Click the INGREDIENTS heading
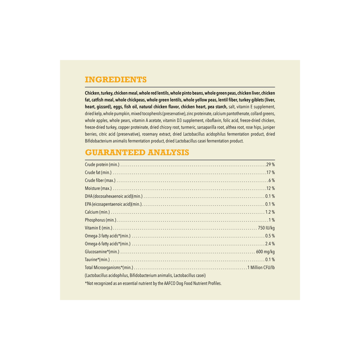pos(116,80)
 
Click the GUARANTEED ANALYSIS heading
pos(137,153)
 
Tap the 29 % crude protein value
pos(270,165)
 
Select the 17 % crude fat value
pos(270,172)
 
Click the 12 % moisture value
pos(270,188)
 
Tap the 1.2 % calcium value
pos(270,212)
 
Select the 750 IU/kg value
pos(266,228)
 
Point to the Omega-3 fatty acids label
pos(108,236)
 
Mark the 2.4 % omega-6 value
pos(270,244)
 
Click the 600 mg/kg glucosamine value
pos(265,252)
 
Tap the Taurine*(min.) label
pos(97,260)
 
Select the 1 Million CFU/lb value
pos(261,268)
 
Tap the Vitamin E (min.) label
pos(98,228)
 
